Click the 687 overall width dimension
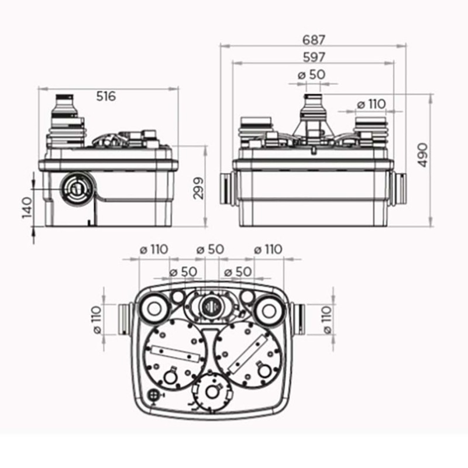click(313, 40)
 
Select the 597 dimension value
click(314, 57)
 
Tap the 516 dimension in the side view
click(106, 97)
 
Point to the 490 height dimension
click(422, 155)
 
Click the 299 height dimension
click(198, 188)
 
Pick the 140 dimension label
click(27, 208)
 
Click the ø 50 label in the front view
click(312, 75)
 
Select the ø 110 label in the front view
click(371, 104)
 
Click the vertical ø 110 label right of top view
click(328, 319)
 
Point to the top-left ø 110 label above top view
click(154, 249)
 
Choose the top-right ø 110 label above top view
click(268, 249)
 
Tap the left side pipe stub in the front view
click(226, 188)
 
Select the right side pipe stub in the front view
click(400, 188)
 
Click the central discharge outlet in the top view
click(211, 306)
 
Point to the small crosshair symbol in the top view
click(153, 395)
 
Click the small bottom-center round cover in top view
click(212, 391)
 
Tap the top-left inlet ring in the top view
click(154, 309)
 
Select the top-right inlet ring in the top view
click(269, 311)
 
